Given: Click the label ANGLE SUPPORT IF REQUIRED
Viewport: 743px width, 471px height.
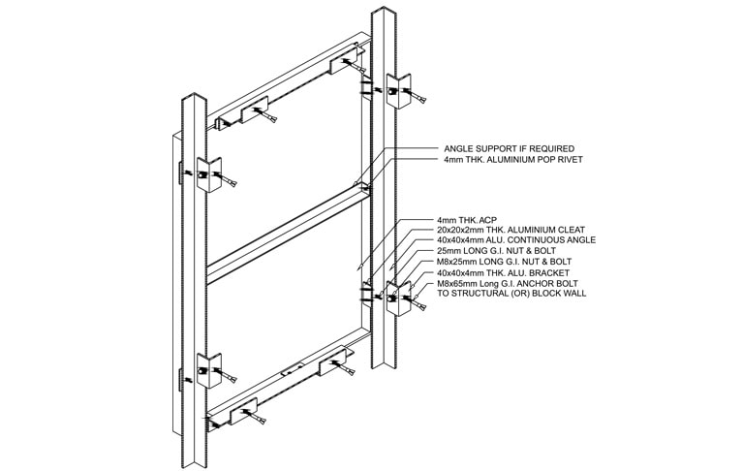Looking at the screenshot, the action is coord(509,149).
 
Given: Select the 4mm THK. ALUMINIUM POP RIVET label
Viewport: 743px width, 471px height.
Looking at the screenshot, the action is coord(513,160).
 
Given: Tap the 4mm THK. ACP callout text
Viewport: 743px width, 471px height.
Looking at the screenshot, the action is coord(466,220).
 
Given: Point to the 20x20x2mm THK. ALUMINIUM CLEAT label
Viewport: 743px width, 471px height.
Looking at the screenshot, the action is coord(511,230).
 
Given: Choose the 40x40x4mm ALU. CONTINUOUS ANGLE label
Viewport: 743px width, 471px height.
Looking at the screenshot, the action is coord(516,240).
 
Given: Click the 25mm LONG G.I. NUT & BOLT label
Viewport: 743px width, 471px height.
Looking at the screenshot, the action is coord(496,251).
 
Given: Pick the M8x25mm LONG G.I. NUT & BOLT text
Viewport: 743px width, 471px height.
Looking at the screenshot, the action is coord(504,262).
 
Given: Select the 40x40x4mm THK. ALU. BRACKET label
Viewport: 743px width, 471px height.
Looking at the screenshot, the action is coord(503,273).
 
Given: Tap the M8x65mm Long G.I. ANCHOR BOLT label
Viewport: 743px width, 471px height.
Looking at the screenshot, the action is coord(507,284).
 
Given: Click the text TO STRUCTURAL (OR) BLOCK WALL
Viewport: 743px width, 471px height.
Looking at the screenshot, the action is coord(511,294).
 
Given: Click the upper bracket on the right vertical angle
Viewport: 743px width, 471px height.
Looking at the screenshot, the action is coord(398,91).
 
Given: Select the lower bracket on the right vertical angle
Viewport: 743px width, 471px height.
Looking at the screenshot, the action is coord(398,298).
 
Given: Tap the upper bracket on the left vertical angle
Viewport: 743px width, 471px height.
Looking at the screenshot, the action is coord(209,174).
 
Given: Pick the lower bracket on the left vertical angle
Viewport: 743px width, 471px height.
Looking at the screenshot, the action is coord(209,371).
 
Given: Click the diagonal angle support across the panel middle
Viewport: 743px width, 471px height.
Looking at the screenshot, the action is coord(288,234).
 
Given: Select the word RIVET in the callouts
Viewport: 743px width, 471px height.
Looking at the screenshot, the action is coord(569,160).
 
